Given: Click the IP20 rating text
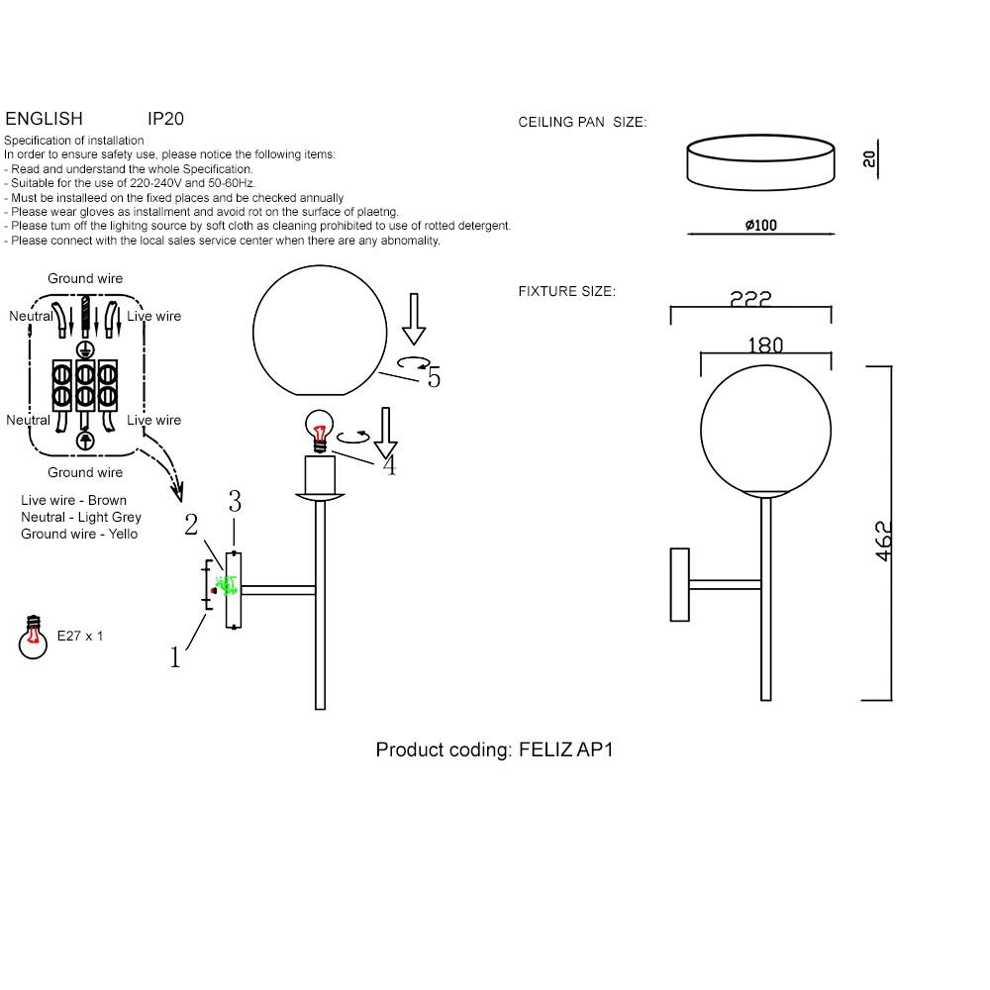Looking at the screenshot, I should (165, 119).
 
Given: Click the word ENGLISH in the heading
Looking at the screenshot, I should (44, 119).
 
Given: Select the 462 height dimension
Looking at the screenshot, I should (884, 541).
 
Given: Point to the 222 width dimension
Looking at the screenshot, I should (750, 299).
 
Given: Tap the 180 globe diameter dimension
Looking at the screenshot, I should (765, 346).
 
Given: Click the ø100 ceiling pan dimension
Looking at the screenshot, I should (760, 226).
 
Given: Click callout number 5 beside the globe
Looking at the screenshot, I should (434, 377).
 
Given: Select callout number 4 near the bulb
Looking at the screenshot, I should (389, 465).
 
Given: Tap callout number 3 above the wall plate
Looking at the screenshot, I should (235, 502).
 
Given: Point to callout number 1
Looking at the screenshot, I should (176, 657).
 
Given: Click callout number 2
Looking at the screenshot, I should (191, 525).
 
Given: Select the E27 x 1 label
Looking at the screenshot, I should (80, 637).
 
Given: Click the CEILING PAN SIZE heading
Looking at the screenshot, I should (582, 123).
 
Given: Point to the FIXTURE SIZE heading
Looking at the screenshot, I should (566, 292).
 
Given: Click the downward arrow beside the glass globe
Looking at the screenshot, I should (414, 318).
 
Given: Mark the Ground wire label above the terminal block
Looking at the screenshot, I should (85, 279).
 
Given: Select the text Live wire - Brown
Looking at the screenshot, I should (73, 501).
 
